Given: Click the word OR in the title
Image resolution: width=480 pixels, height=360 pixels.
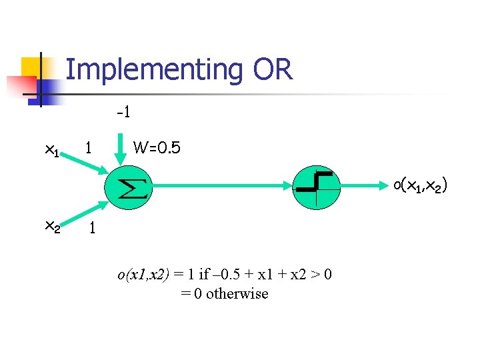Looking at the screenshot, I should [x=273, y=69].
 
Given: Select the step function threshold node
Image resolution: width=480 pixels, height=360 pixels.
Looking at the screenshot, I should [x=317, y=186].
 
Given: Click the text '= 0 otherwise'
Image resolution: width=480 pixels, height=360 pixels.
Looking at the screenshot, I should [x=224, y=293].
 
